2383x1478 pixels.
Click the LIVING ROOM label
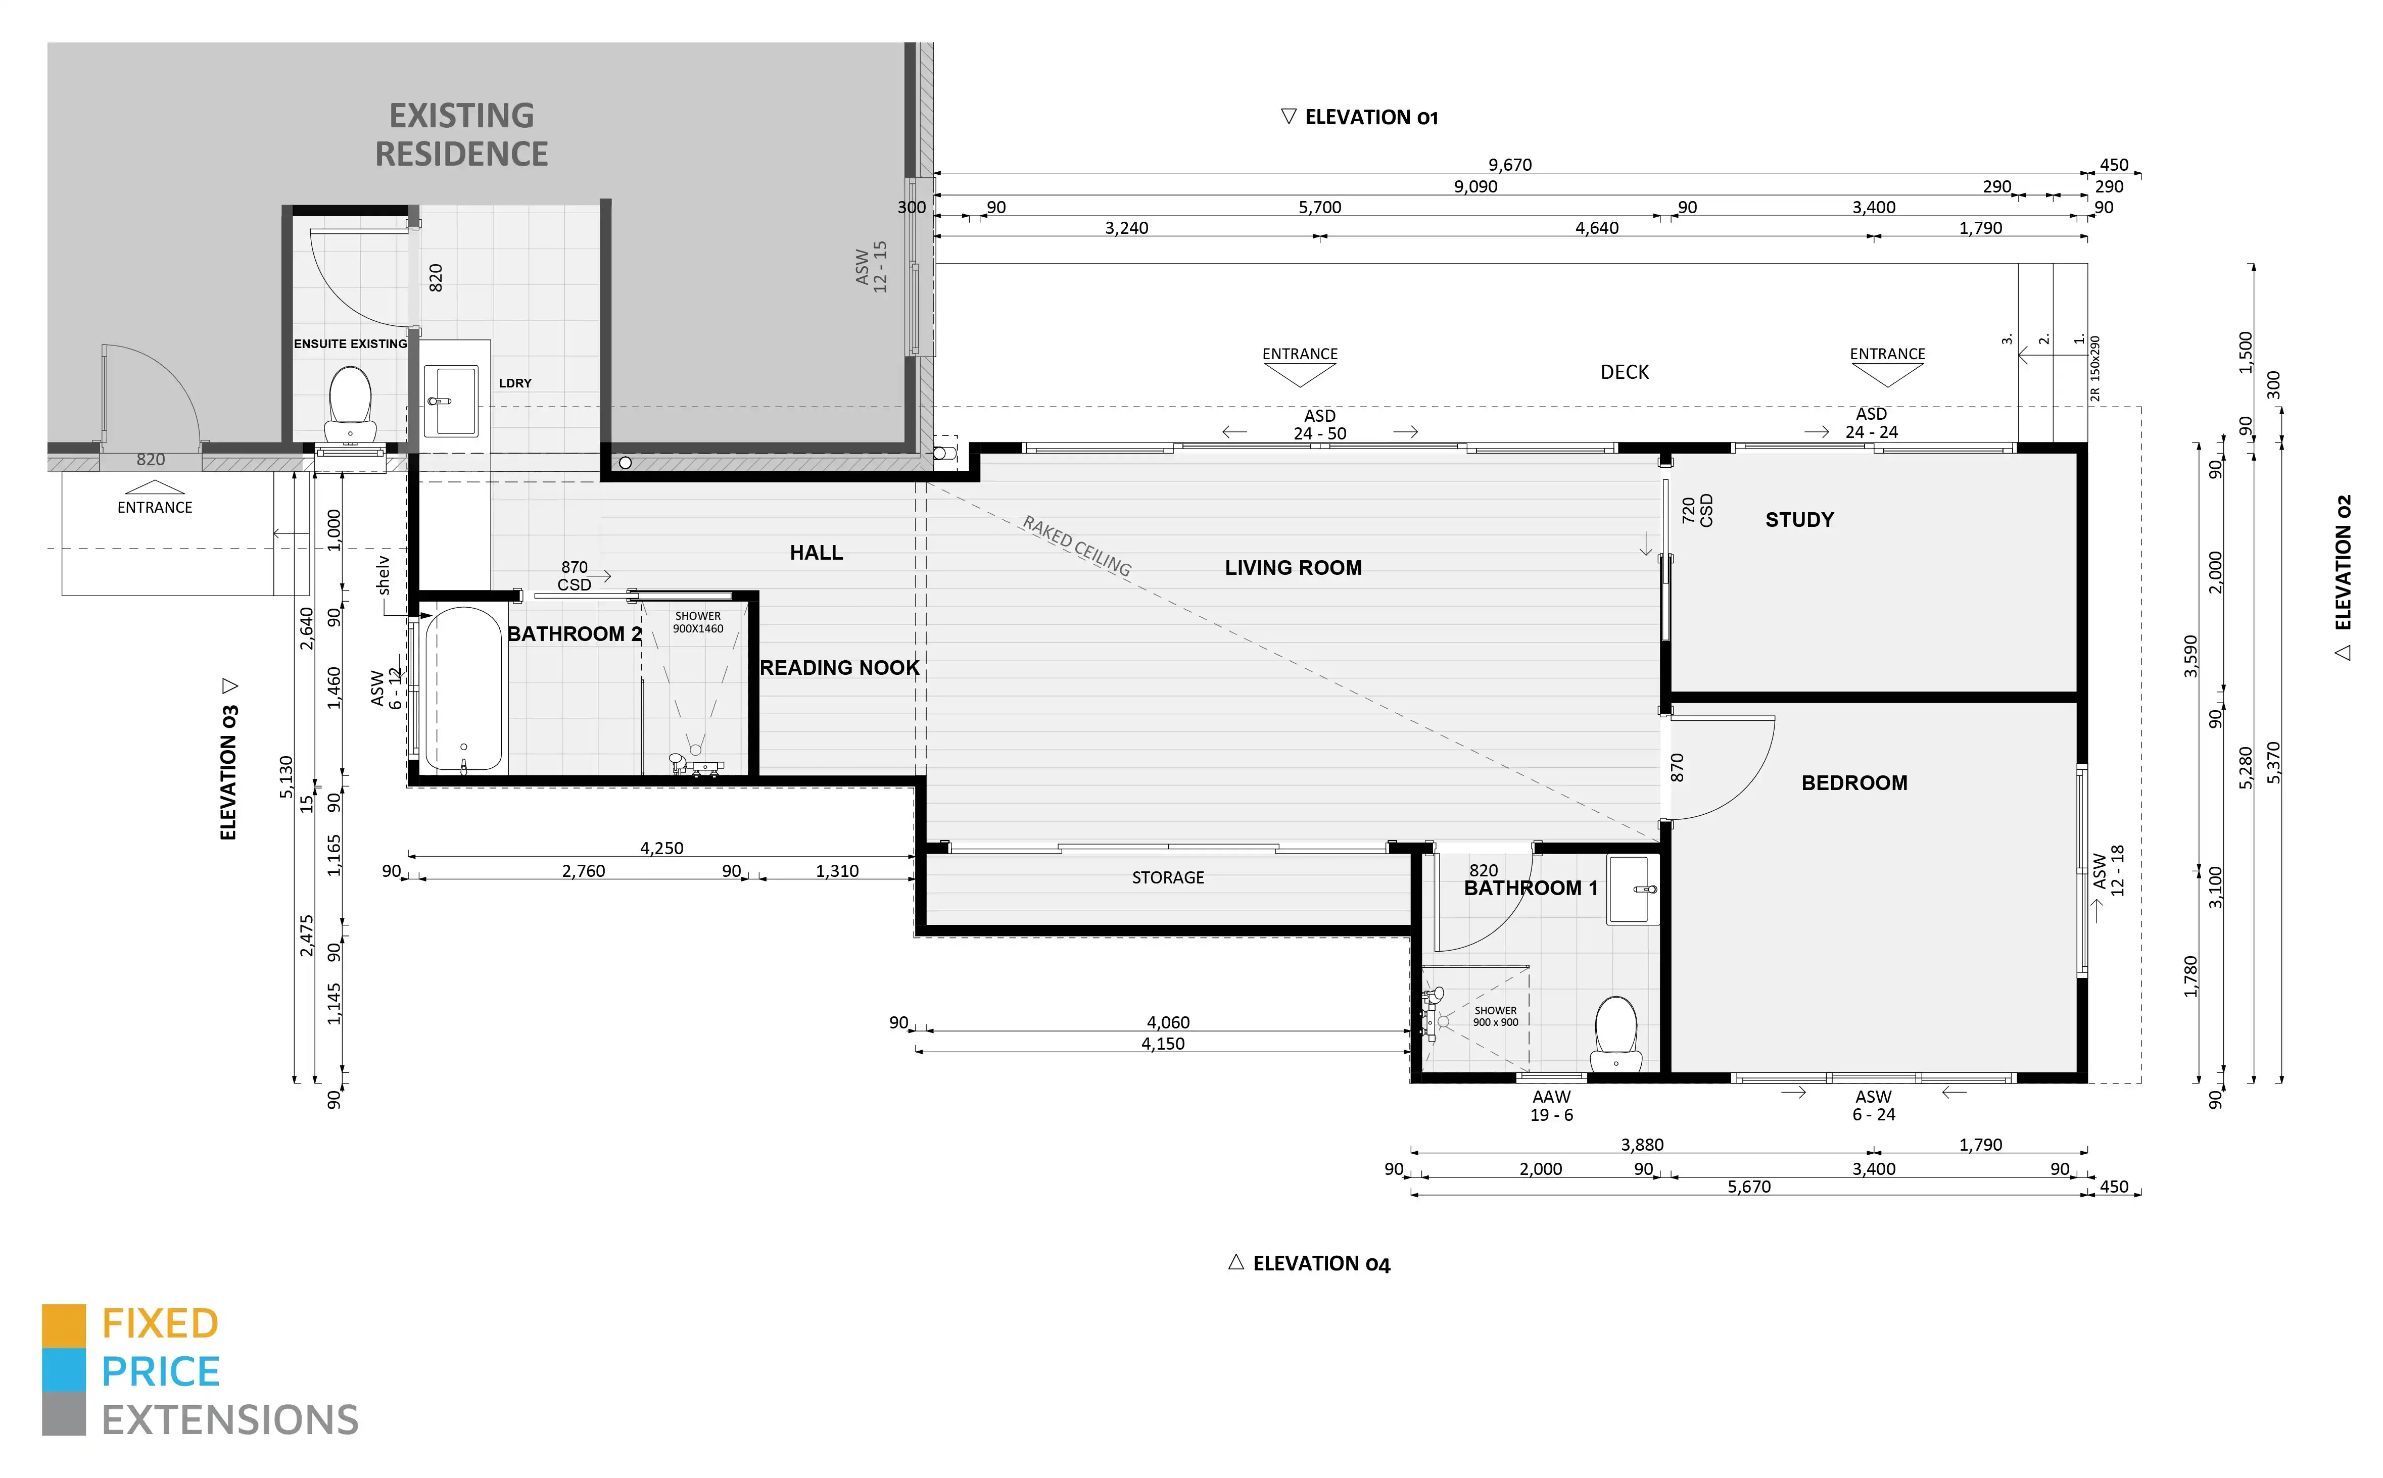click(1293, 568)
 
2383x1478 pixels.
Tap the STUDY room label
click(1799, 520)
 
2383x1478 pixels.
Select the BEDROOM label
click(1854, 783)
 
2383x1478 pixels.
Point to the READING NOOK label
click(839, 668)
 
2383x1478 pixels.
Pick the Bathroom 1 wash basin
click(1633, 890)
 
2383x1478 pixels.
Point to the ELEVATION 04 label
click(1309, 1264)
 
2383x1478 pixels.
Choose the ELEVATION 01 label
click(1359, 117)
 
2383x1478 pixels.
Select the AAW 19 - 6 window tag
click(1552, 1106)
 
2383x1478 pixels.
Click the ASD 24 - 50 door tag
click(1319, 424)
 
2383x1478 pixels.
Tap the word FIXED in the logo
click(160, 1324)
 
